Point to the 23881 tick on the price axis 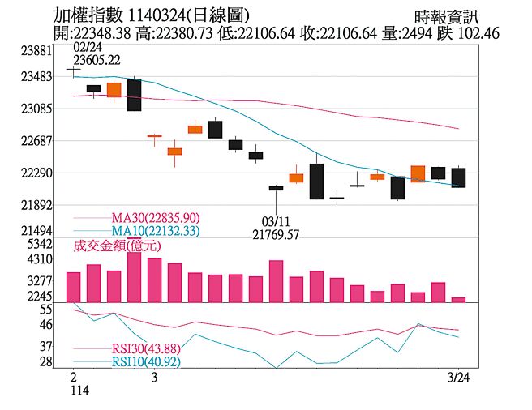pos(36,50)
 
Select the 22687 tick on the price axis pos(36,140)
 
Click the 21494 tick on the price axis pos(36,231)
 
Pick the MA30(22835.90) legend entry pos(155,218)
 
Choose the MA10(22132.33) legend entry pos(155,231)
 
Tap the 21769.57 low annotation pos(277,235)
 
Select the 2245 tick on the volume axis pos(39,297)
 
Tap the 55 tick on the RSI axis pos(45,310)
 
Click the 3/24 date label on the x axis pos(459,378)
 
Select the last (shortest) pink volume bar pos(458,300)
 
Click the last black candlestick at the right pos(458,177)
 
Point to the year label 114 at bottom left pos(79,391)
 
